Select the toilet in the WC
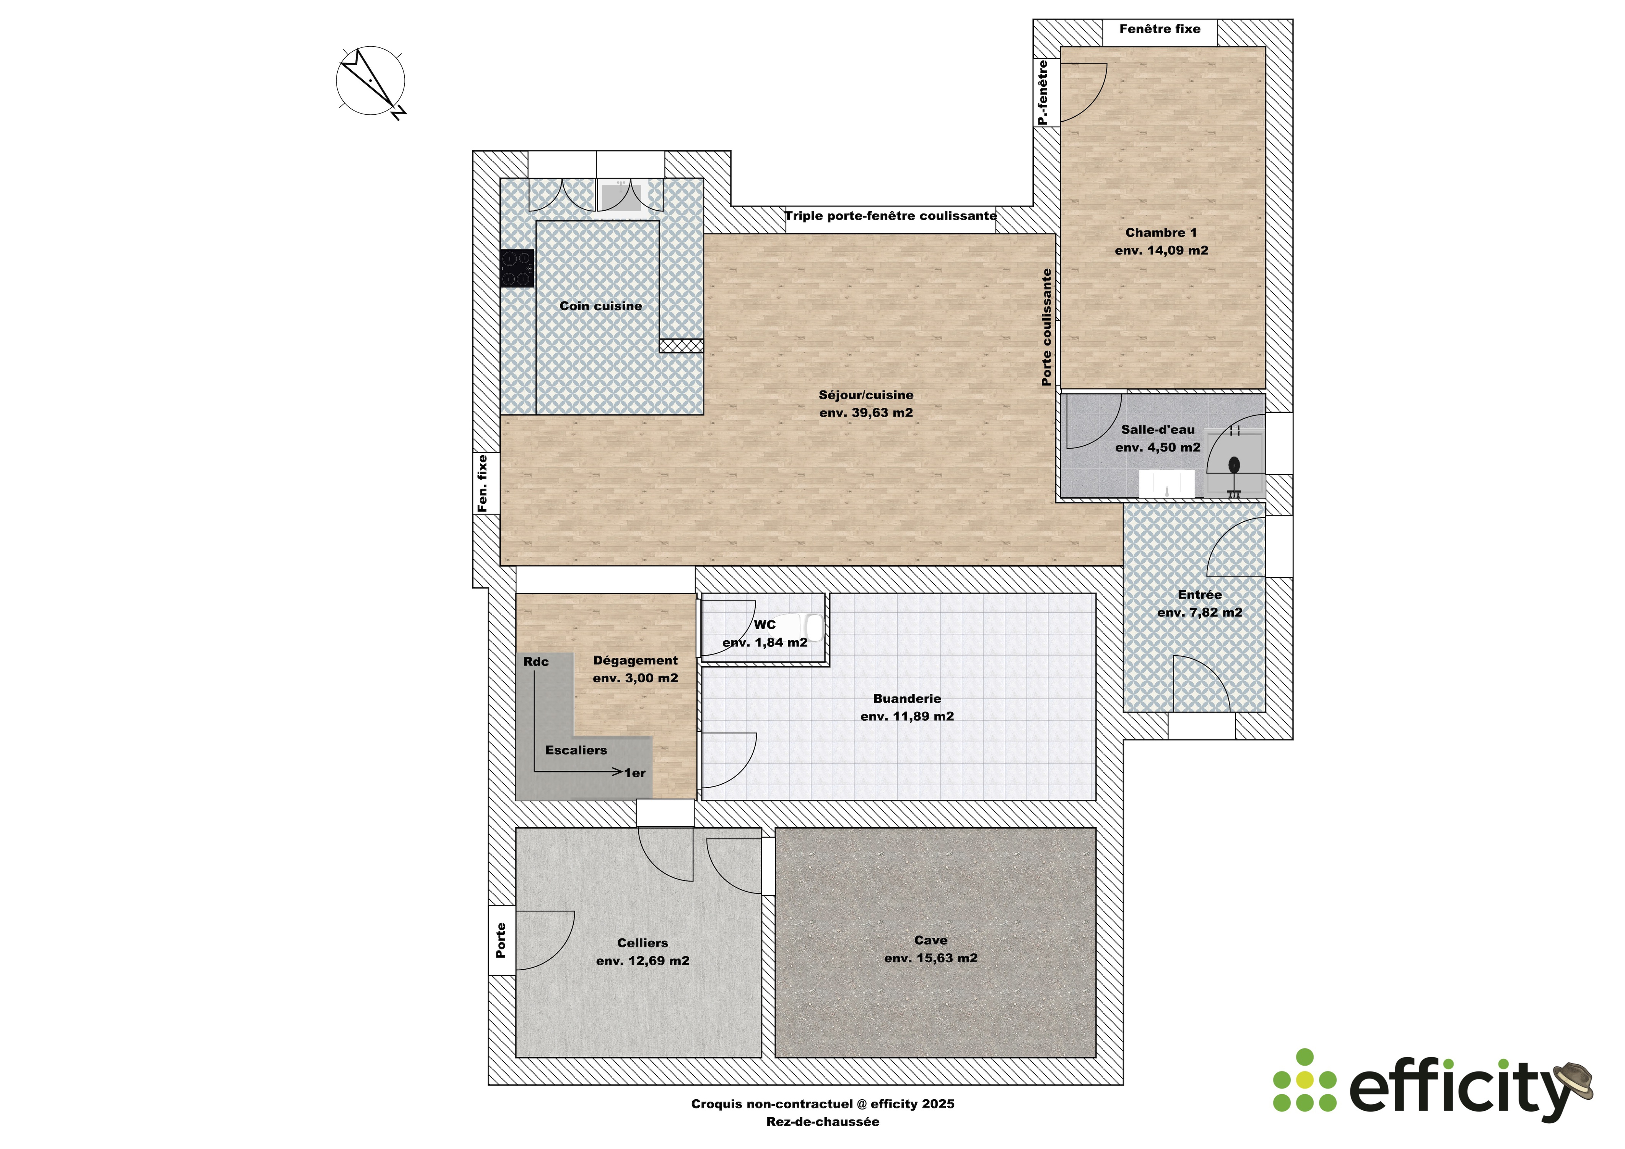(x=811, y=628)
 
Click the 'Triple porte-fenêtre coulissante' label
(x=890, y=216)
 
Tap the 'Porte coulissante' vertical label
(x=1046, y=327)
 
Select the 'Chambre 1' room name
(x=1161, y=232)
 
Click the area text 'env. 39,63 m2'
(x=865, y=413)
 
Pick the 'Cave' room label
(x=930, y=940)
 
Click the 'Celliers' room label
(x=642, y=943)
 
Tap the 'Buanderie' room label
(x=907, y=699)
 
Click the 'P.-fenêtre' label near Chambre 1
(x=1043, y=93)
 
